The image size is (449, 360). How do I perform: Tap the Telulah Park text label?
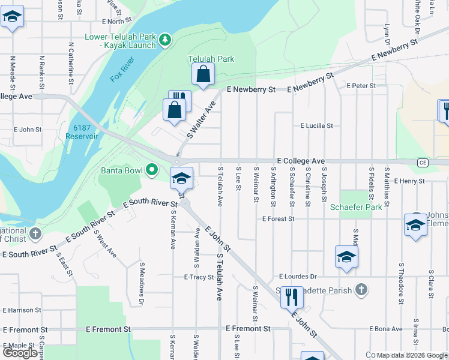(211, 59)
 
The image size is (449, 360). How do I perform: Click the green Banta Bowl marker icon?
(152, 170)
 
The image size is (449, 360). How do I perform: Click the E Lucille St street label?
(316, 126)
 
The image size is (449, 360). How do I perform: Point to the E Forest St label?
(278, 219)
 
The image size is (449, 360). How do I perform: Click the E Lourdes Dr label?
(298, 277)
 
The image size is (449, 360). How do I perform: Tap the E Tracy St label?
(199, 277)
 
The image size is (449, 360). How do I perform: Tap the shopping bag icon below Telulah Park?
(203, 74)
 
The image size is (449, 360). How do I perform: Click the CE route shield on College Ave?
(423, 162)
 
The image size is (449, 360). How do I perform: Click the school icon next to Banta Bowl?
(181, 178)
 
